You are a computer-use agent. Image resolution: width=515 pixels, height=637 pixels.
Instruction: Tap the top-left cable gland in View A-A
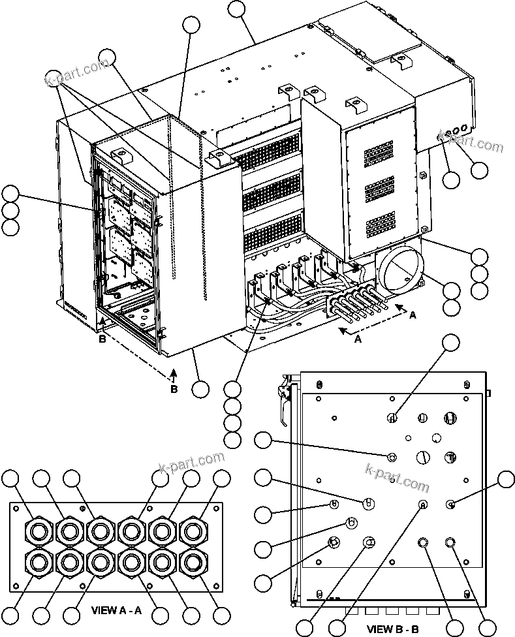pos(36,529)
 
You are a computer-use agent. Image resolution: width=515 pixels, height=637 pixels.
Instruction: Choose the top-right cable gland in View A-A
pos(192,529)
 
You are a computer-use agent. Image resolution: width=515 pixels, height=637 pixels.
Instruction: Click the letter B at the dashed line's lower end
pos(174,389)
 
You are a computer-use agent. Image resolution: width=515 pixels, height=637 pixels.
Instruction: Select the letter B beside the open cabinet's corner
pos(101,339)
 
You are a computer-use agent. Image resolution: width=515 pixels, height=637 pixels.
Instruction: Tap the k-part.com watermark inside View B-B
pos(397,476)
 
